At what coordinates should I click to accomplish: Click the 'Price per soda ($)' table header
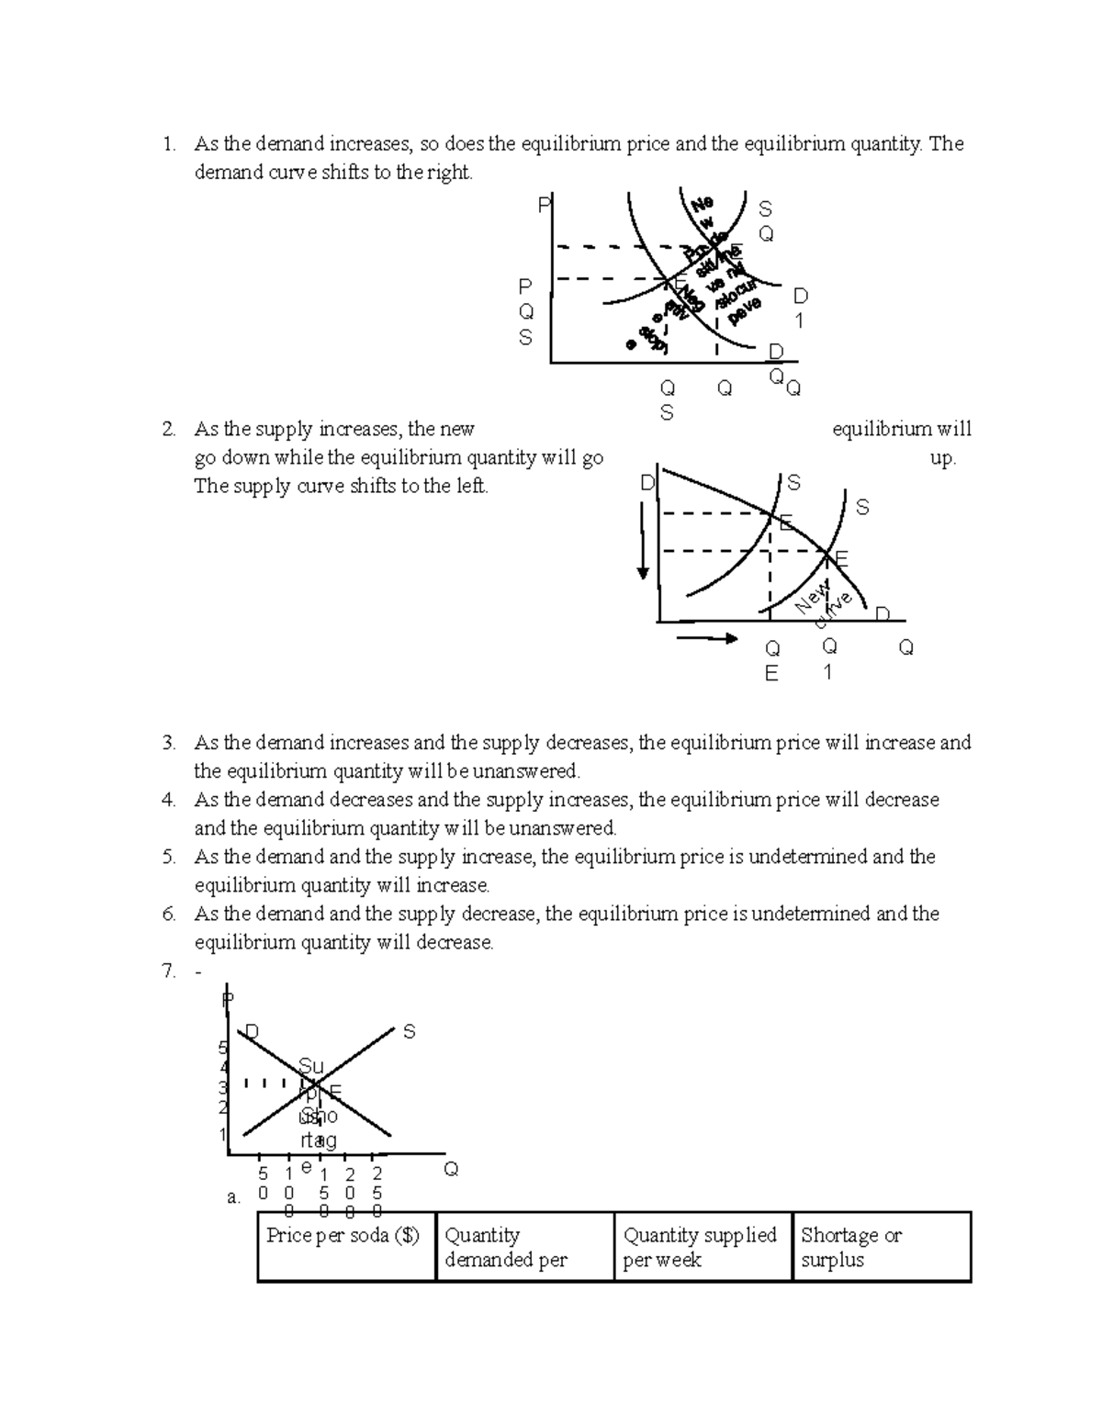343,1236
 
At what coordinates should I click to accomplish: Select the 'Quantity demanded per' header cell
505,1248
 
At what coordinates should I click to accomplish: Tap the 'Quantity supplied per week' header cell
700,1248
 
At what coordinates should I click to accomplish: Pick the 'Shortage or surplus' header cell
851,1248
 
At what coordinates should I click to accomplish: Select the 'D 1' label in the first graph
800,308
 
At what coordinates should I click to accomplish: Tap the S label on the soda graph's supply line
410,1032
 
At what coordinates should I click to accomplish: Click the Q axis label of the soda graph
451,1169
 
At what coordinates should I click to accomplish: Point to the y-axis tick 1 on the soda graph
223,1134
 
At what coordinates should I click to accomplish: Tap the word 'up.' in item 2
943,458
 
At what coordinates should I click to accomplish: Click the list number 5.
168,857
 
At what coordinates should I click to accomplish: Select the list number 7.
168,971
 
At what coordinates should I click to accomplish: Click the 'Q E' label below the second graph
771,661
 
